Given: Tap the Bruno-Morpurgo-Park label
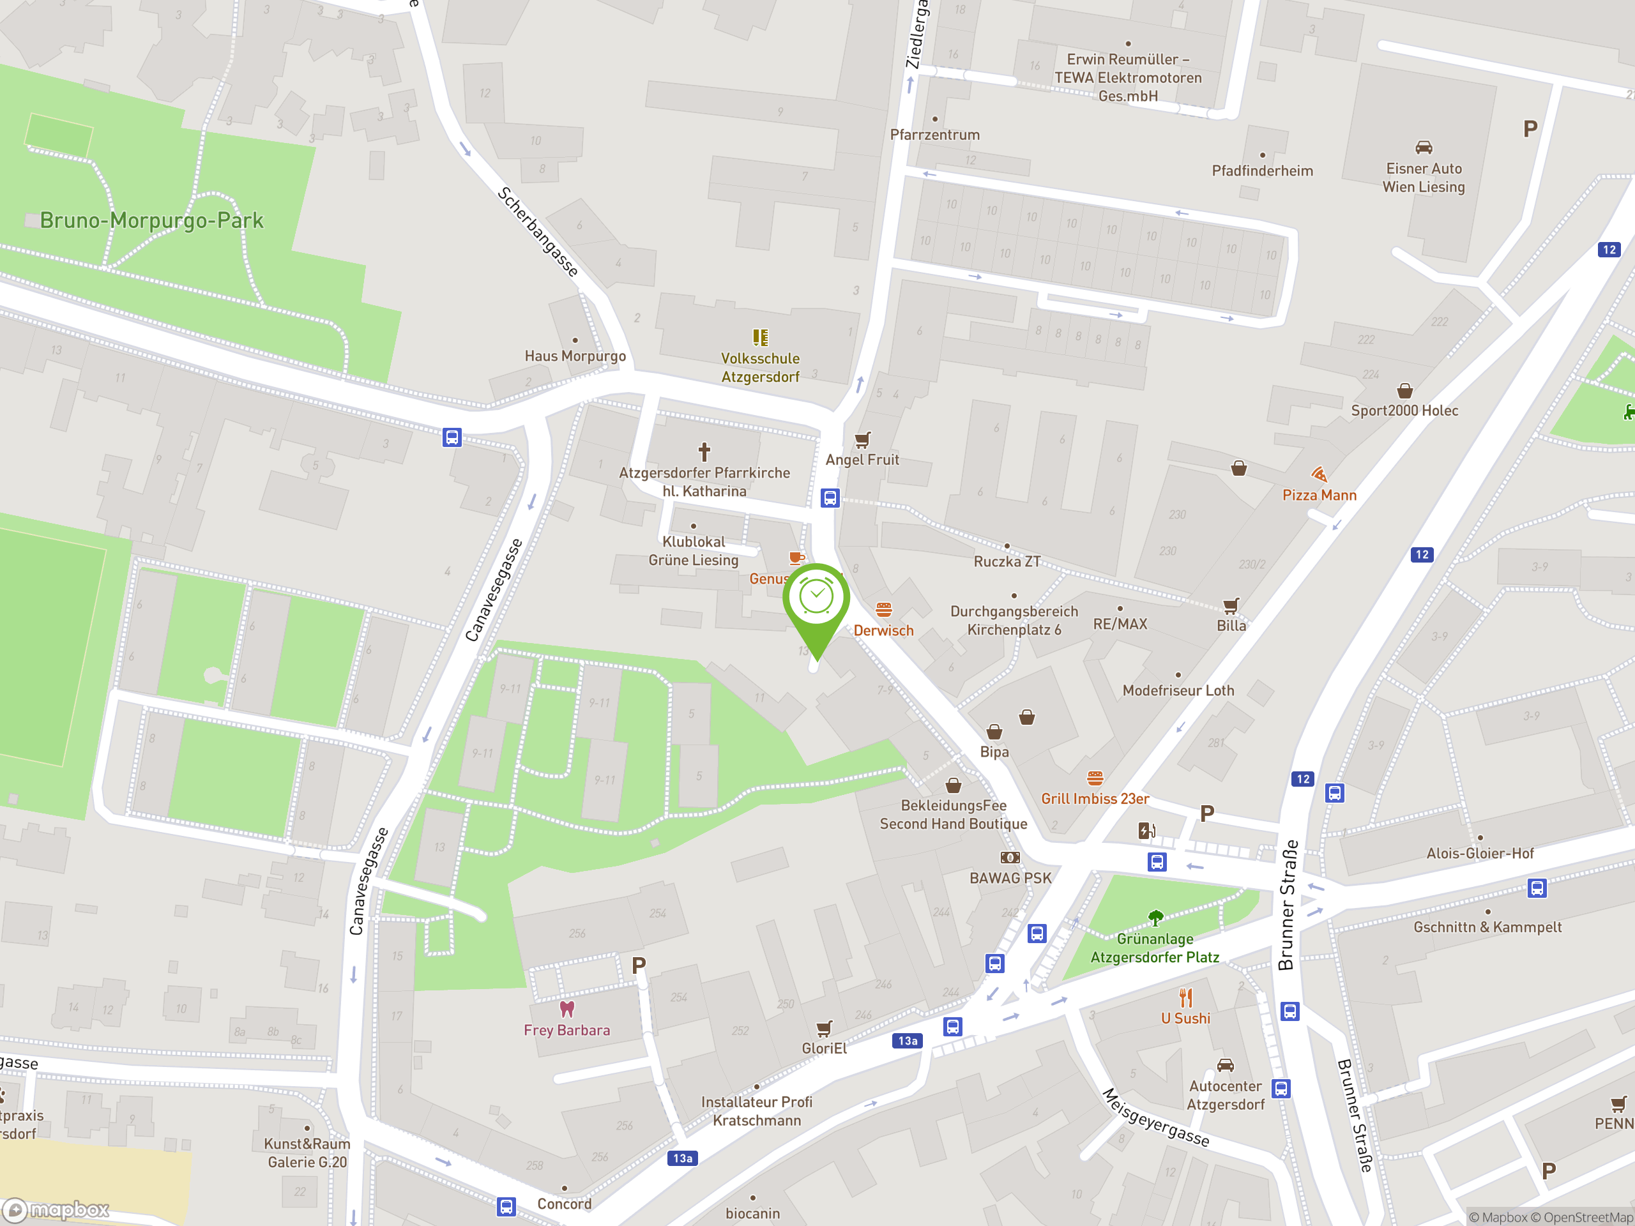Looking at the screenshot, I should pyautogui.click(x=151, y=220).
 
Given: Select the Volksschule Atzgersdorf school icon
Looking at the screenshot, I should pyautogui.click(x=761, y=338).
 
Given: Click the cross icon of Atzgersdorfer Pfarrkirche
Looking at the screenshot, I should pyautogui.click(x=704, y=451).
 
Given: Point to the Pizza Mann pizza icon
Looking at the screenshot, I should pyautogui.click(x=1319, y=474).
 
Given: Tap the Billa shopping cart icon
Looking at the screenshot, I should pyautogui.click(x=1231, y=606).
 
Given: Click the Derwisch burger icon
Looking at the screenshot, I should pyautogui.click(x=884, y=610).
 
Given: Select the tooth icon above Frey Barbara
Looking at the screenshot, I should pyautogui.click(x=567, y=1009).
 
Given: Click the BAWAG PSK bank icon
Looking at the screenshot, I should pyautogui.click(x=1010, y=857).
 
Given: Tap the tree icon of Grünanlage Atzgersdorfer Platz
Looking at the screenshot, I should pyautogui.click(x=1155, y=918).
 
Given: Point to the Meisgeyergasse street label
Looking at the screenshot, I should pyautogui.click(x=1156, y=1117).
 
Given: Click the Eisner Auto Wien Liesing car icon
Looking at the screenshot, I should pyautogui.click(x=1424, y=147).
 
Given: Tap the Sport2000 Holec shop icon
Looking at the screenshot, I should pyautogui.click(x=1404, y=390).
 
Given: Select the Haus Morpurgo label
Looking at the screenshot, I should pyautogui.click(x=575, y=356).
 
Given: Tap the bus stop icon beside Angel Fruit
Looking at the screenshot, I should pyautogui.click(x=830, y=498).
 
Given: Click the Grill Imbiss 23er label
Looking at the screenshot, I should pyautogui.click(x=1095, y=799).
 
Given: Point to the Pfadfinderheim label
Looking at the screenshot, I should pyautogui.click(x=1263, y=170).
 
